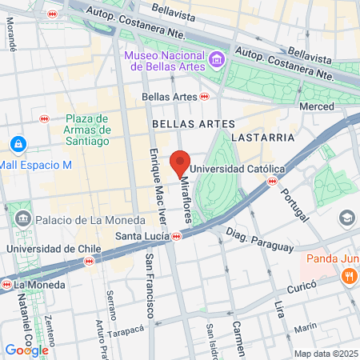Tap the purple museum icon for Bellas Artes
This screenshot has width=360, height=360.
pos(215,59)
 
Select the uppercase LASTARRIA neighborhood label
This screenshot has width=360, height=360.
pos(262,138)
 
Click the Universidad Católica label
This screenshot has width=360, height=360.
pos(238,169)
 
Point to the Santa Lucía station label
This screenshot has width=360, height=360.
pos(142,236)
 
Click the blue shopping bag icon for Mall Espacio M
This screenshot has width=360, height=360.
pos(17,144)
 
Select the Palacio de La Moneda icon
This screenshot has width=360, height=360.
pos(22,218)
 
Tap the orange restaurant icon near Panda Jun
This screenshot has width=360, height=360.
pos(349,276)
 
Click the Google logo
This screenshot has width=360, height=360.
pos(26,350)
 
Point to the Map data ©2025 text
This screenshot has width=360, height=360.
pos(324,353)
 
